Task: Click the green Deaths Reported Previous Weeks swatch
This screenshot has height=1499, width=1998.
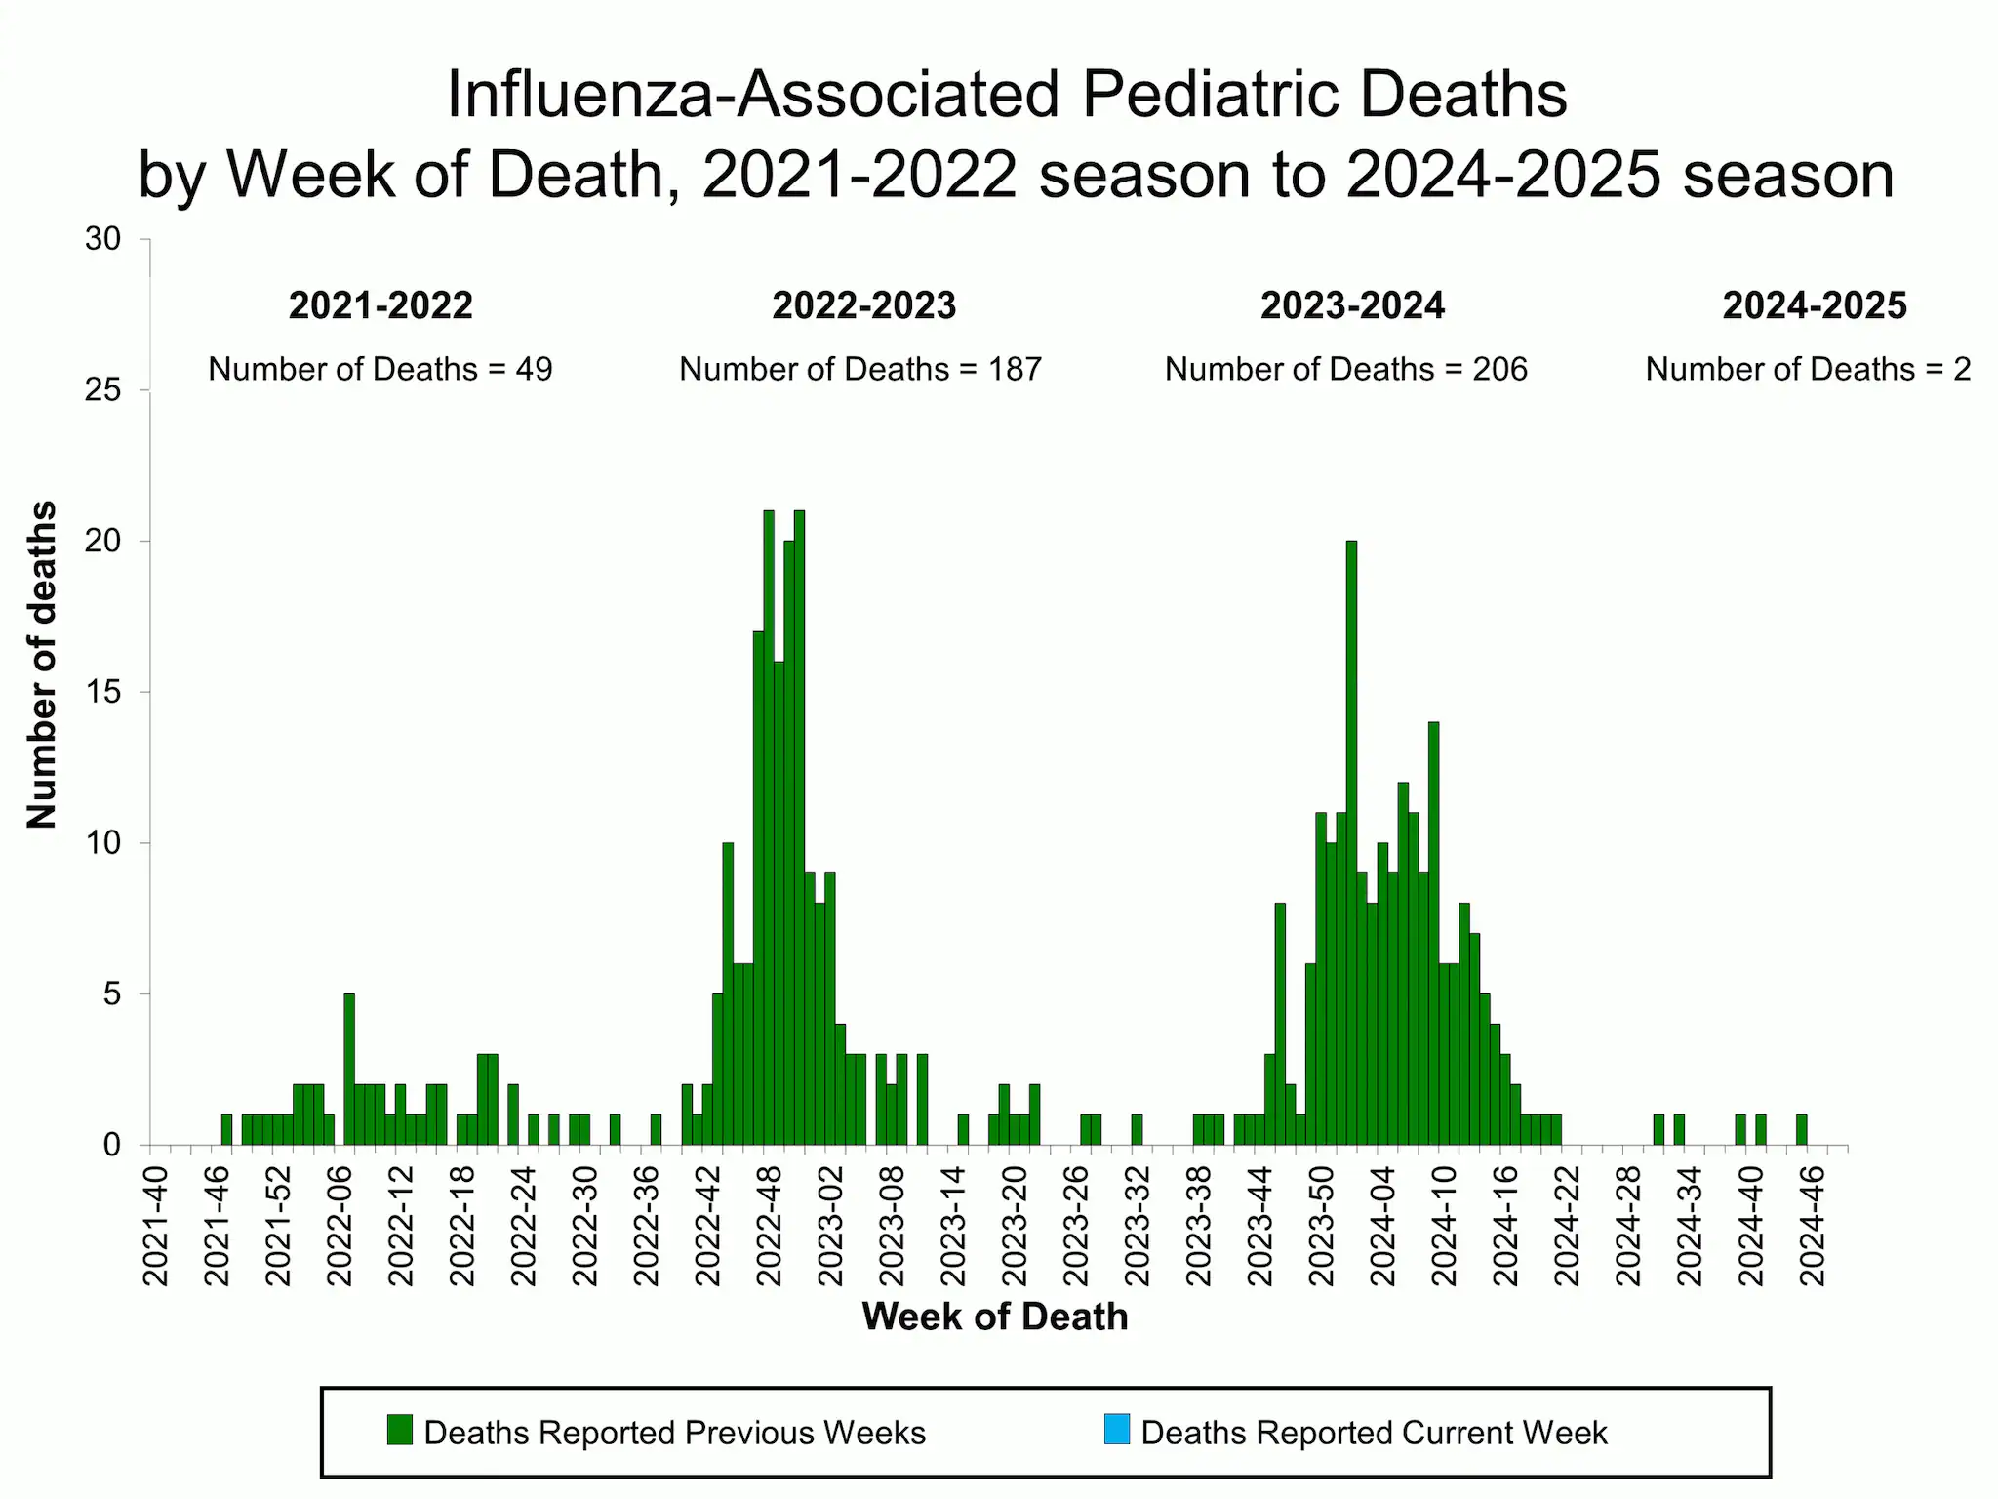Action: coord(400,1430)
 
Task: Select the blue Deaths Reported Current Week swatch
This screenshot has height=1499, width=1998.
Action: coord(1117,1430)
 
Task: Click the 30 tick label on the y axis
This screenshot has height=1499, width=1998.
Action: coord(103,239)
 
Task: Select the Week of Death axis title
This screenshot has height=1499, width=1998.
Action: coord(994,1317)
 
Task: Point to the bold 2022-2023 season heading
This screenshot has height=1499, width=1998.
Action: coord(863,305)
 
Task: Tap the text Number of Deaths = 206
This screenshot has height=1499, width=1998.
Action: coord(1345,369)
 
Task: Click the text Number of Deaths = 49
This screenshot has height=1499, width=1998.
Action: coord(380,369)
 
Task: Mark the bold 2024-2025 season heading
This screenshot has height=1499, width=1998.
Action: coord(1814,305)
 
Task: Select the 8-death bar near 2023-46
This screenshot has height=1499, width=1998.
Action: coord(1280,1025)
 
